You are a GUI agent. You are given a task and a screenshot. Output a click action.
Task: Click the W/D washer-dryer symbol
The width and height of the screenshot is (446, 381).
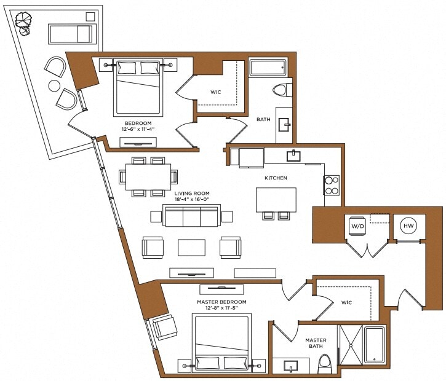pos(358,226)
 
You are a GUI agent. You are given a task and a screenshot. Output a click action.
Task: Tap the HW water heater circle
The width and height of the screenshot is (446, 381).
pos(408,226)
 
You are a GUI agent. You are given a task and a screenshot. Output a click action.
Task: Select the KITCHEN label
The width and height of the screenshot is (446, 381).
pos(276,178)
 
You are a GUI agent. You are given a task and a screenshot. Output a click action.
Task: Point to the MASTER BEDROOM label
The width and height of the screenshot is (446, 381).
pos(221,302)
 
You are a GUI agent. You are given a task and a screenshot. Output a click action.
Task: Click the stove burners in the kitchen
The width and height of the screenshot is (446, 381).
pos(332,185)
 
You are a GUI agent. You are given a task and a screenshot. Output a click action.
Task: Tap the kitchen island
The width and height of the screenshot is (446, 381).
pos(276,199)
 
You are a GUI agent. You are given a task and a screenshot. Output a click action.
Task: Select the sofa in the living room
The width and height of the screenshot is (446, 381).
pos(191,216)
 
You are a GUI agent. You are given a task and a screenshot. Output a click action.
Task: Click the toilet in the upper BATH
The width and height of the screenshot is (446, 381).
pos(281,90)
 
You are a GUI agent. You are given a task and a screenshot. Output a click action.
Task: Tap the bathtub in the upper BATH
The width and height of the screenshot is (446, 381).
pos(268,67)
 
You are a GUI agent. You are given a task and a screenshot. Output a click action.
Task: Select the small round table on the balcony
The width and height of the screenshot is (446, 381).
pos(55,85)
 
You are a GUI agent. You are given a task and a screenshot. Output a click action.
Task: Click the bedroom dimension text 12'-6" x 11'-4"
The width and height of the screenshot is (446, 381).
pos(138,129)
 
